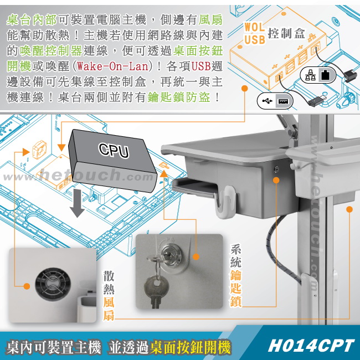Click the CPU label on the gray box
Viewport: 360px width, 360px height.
point(114,151)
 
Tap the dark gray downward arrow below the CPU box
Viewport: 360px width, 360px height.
point(77,203)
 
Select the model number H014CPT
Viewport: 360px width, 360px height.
point(311,346)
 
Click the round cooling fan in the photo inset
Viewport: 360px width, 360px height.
point(53,284)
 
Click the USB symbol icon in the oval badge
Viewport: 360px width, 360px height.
point(268,101)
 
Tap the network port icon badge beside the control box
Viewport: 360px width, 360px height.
point(318,75)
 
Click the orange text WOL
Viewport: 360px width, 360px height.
point(254,27)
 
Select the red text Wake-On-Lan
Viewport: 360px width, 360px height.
point(113,66)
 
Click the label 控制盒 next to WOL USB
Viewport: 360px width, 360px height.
point(286,34)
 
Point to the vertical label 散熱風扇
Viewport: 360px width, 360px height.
point(109,296)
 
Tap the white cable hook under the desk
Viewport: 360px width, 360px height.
point(225,202)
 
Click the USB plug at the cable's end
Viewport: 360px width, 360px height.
point(317,100)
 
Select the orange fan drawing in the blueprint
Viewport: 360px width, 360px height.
point(39,150)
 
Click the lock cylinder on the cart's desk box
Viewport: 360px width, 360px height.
point(276,169)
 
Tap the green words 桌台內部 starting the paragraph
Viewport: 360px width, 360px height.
point(32,19)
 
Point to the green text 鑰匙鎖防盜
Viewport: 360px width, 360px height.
point(179,97)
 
